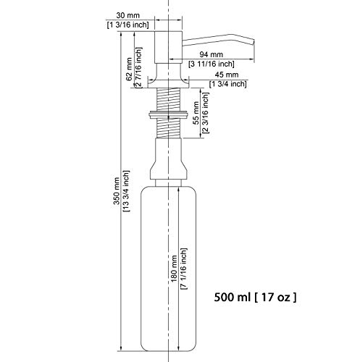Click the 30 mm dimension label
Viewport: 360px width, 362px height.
coord(127,15)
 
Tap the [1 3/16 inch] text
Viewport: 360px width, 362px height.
coord(127,25)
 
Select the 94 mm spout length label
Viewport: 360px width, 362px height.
coord(211,54)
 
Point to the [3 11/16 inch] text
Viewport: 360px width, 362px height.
coord(212,64)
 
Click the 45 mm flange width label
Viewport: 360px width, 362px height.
coord(227,75)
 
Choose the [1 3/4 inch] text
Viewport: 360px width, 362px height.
coord(228,84)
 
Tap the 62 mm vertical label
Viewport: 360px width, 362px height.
coord(129,70)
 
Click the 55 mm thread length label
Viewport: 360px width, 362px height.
coord(196,113)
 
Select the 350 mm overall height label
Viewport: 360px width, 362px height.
coord(117,191)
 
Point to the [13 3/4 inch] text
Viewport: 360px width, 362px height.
coord(126,191)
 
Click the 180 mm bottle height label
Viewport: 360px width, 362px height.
coord(174,269)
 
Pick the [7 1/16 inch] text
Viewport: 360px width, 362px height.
coord(183,269)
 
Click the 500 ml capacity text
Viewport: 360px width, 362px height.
coord(233,297)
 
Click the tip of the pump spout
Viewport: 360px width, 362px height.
coord(254,45)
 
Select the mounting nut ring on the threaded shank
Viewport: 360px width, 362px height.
coord(168,114)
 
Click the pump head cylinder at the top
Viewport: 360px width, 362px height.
coord(168,47)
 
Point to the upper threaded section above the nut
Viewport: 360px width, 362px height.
coord(168,99)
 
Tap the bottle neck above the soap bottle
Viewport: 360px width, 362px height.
coord(168,182)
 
